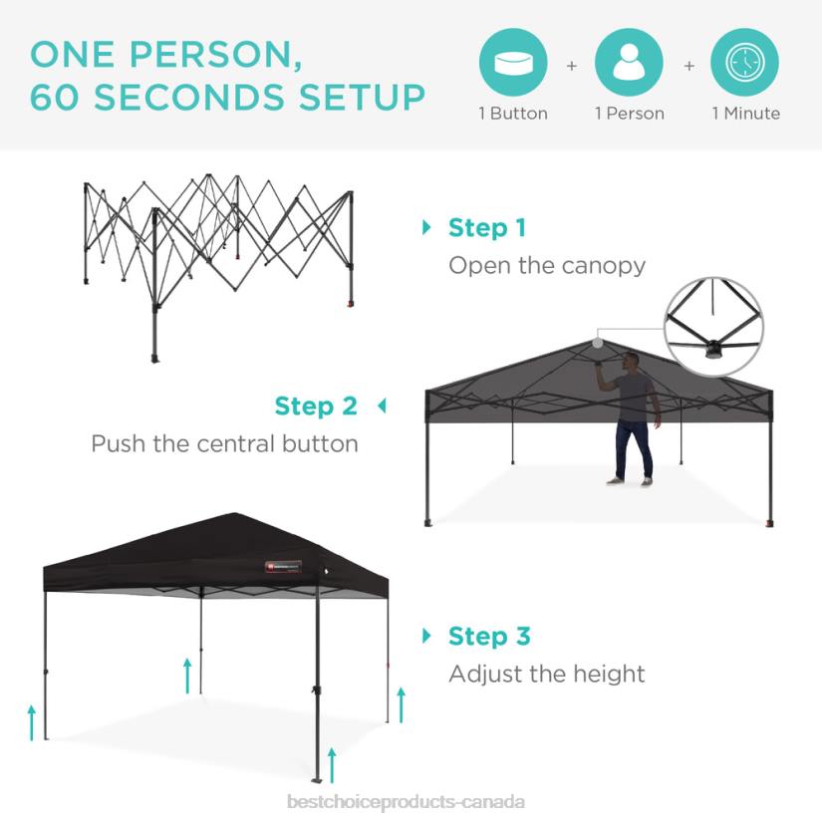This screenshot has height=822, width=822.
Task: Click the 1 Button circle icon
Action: click(x=513, y=62)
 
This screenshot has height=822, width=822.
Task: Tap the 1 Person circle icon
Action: click(x=629, y=62)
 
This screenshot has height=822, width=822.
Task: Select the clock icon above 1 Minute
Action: click(x=744, y=62)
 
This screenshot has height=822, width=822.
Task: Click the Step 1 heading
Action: click(x=486, y=228)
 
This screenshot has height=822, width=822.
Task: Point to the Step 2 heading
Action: click(x=316, y=407)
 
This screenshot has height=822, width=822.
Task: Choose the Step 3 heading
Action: click(x=489, y=636)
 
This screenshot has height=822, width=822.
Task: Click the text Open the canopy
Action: click(x=547, y=265)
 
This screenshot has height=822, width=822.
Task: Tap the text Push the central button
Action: click(x=224, y=443)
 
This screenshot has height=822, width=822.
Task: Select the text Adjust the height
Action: click(x=547, y=674)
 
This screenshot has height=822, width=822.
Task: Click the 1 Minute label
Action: click(x=745, y=114)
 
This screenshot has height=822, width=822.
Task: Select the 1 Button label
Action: click(x=513, y=114)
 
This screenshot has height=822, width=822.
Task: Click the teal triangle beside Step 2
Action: click(x=381, y=407)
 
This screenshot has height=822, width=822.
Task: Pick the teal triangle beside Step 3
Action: click(x=427, y=636)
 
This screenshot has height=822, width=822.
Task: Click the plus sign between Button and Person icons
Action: click(x=572, y=66)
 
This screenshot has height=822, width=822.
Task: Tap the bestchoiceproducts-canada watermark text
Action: click(x=406, y=802)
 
